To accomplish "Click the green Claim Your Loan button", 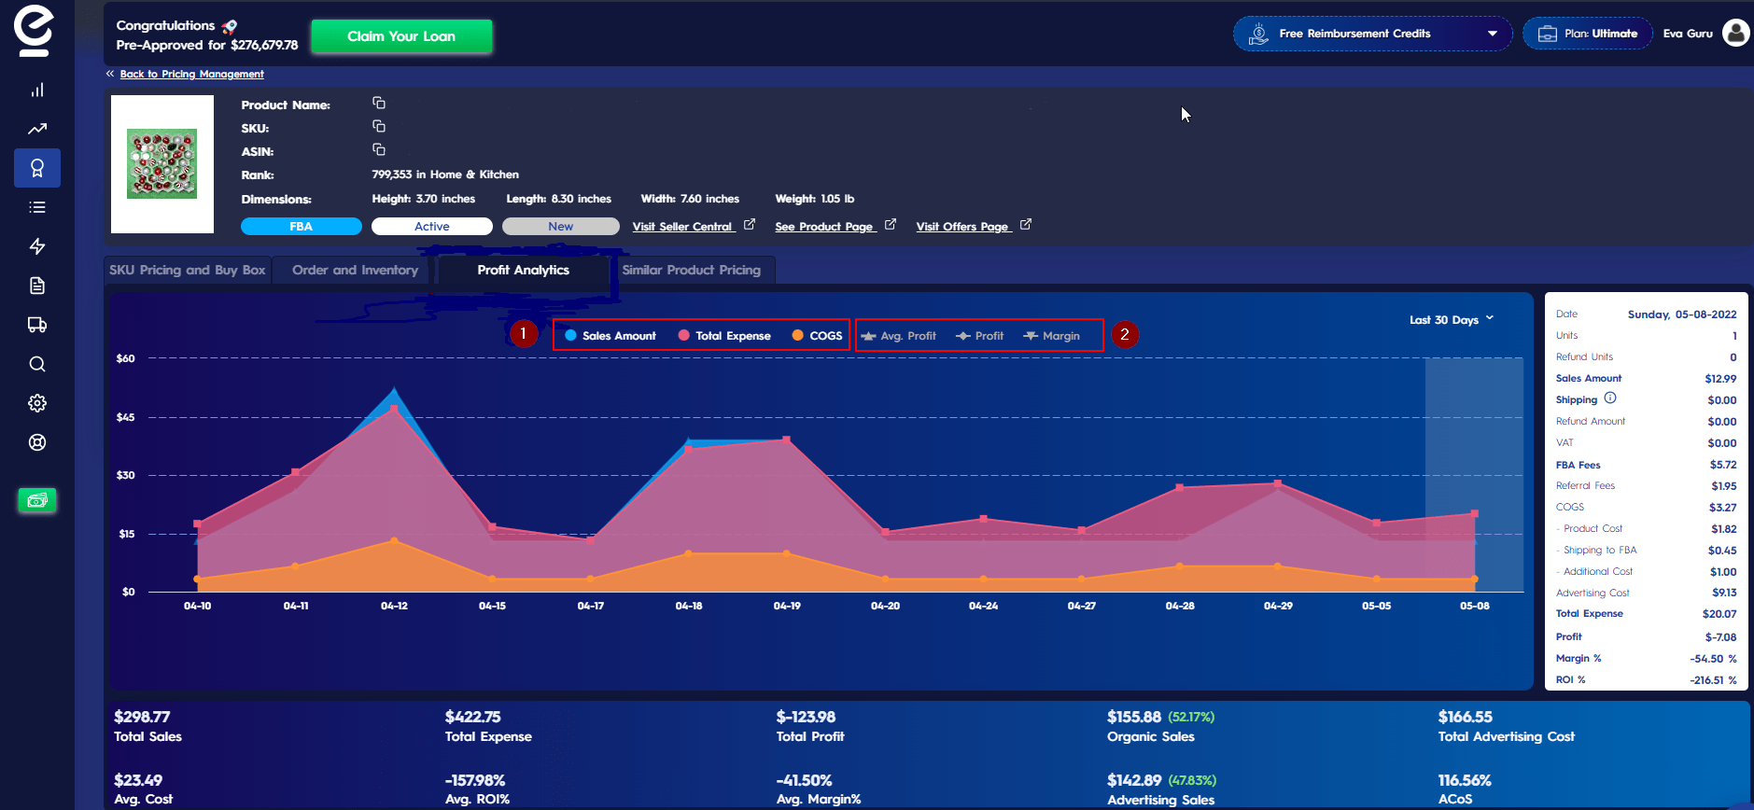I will (x=401, y=36).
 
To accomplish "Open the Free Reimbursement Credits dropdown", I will (x=1372, y=34).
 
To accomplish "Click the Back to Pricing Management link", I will (x=191, y=74).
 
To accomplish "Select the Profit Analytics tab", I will (x=523, y=270).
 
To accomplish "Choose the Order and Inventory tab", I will (x=355, y=270).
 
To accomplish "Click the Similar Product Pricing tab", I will (x=691, y=270).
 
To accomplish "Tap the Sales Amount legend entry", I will (x=610, y=336).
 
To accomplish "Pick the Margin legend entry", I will (x=1052, y=336).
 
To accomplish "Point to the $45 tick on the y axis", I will (x=125, y=417).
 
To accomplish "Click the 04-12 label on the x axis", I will (x=394, y=607).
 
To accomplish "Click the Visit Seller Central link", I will (x=682, y=227).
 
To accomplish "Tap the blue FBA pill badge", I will (x=301, y=227).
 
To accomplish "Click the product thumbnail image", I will (x=161, y=164).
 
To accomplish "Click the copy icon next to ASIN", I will (x=379, y=149).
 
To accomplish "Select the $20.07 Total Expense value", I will (x=1719, y=614).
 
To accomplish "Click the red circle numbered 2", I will (x=1125, y=334).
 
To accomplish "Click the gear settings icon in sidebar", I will (x=37, y=403).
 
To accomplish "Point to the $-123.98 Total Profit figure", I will (x=806, y=717).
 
